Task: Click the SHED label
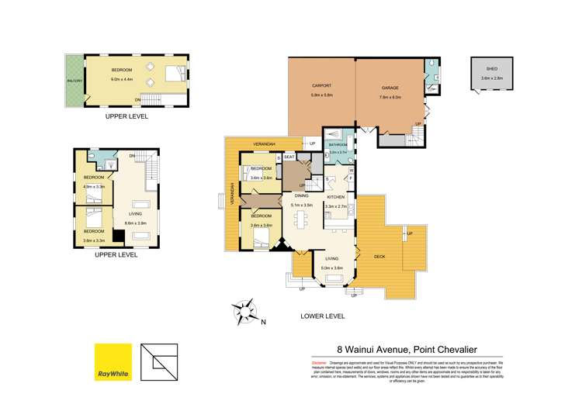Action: point(487,68)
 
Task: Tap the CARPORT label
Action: point(321,88)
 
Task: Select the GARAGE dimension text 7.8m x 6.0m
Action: point(390,96)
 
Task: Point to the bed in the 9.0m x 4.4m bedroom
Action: point(175,75)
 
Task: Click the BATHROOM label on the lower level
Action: point(338,144)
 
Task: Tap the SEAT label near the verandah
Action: point(289,157)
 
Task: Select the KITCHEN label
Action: point(335,197)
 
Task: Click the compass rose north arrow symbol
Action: point(247,313)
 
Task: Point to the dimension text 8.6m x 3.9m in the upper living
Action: point(137,223)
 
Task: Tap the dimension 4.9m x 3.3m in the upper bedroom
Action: point(94,186)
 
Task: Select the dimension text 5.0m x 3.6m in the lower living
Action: point(332,268)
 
